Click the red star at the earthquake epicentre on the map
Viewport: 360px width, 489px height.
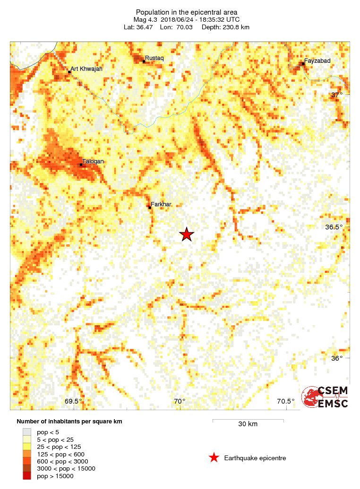pos(187,234)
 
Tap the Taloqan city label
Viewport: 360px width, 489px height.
pos(93,161)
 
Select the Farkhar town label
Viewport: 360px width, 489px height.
pos(161,204)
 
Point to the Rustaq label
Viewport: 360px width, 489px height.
pos(154,58)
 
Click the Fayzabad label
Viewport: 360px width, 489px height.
pos(317,61)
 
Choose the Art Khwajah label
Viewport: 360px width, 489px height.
pos(86,69)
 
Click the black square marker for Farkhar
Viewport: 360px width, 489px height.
pos(150,207)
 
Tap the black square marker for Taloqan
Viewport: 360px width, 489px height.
pos(81,165)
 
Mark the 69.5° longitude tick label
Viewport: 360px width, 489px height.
pos(73,401)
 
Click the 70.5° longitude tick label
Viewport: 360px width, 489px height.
pos(285,401)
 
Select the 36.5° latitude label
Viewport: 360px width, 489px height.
pos(334,227)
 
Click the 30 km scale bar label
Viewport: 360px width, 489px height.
pos(248,424)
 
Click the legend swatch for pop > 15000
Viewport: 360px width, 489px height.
pos(27,476)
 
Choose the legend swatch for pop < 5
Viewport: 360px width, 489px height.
pos(27,431)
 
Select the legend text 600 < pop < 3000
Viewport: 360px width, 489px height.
pos(62,461)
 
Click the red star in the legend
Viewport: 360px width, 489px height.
pos(214,457)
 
